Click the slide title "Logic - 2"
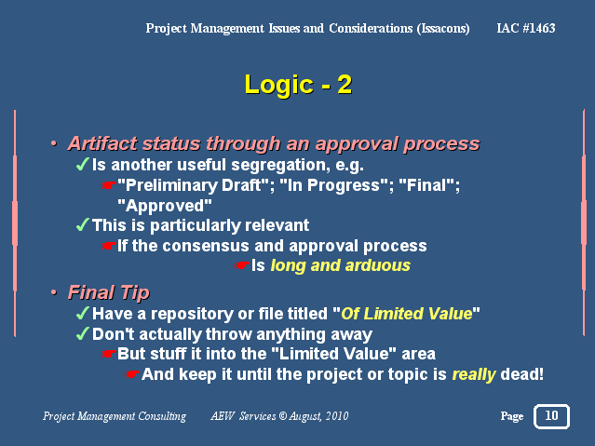(x=298, y=85)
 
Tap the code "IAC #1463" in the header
(x=526, y=28)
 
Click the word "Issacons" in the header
(x=443, y=29)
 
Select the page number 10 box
(x=551, y=416)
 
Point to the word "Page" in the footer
(x=512, y=417)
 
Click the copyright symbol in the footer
(x=283, y=416)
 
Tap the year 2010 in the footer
(x=337, y=416)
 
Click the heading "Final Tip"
(x=109, y=292)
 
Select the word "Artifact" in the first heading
(x=102, y=144)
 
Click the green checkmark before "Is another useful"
(x=82, y=165)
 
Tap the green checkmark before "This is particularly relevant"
(x=82, y=224)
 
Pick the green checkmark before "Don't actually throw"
(x=82, y=333)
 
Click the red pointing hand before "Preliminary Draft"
(x=109, y=185)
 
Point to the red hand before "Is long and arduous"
(x=241, y=265)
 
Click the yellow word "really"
(x=474, y=375)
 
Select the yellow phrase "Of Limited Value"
(x=406, y=314)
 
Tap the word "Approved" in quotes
(x=165, y=206)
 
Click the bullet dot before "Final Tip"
(x=54, y=292)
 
